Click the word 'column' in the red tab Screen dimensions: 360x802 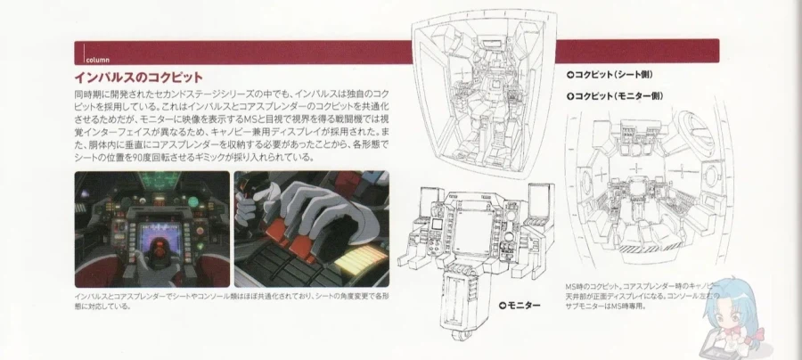pos(97,61)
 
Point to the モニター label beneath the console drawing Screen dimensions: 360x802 pos(519,305)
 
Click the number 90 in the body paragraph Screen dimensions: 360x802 pos(150,157)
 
